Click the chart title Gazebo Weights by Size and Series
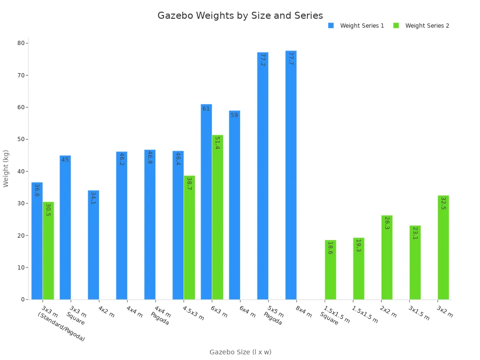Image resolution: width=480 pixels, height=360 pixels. click(x=240, y=15)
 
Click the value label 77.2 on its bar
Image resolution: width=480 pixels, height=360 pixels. click(x=262, y=60)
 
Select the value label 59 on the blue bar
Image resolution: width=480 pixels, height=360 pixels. click(x=234, y=115)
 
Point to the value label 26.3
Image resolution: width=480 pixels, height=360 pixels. click(x=387, y=223)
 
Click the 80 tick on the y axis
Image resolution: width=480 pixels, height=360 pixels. click(x=21, y=43)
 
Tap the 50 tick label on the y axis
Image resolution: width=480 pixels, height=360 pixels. click(x=21, y=139)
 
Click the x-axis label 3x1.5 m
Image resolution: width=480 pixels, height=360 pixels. click(x=419, y=313)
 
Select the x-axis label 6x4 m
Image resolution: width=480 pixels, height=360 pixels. click(x=247, y=312)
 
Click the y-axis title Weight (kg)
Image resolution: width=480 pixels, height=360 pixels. click(x=6, y=168)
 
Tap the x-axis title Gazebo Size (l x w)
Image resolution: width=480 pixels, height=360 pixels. click(x=240, y=352)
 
